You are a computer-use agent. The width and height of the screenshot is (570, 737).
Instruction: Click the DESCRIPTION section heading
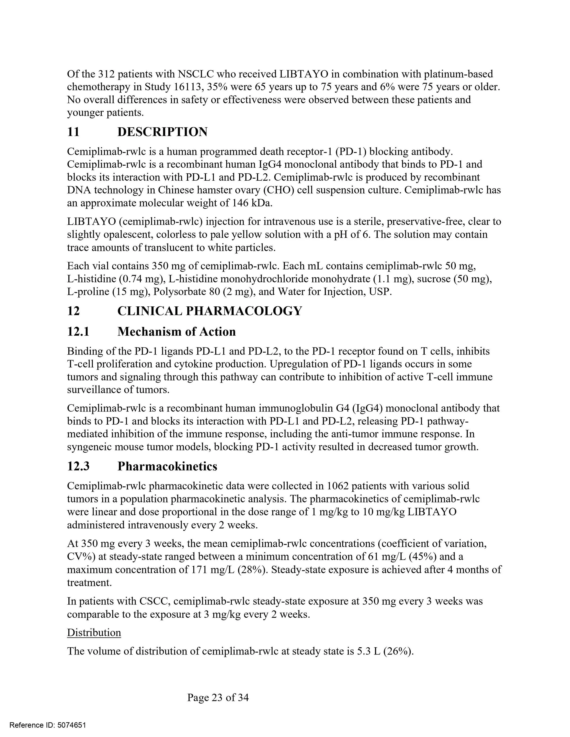tap(162, 132)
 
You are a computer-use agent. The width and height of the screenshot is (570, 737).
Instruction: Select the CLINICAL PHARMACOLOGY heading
tap(209, 311)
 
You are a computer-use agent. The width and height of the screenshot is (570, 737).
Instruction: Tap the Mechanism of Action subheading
tap(176, 332)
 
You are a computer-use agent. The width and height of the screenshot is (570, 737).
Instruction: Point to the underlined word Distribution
tap(94, 632)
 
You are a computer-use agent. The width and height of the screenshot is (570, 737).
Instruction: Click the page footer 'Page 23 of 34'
tap(218, 697)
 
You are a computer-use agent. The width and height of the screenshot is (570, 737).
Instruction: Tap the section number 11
tap(73, 132)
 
